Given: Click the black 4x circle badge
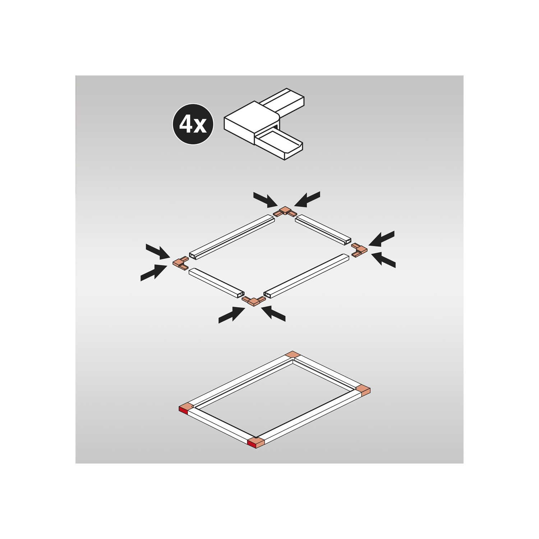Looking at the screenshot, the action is (x=193, y=124).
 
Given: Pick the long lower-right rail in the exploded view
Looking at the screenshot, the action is (x=307, y=276).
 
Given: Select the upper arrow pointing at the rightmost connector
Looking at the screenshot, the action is (x=382, y=239).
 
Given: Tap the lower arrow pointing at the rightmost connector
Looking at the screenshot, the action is (x=383, y=259).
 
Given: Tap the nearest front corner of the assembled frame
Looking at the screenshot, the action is (x=256, y=443).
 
